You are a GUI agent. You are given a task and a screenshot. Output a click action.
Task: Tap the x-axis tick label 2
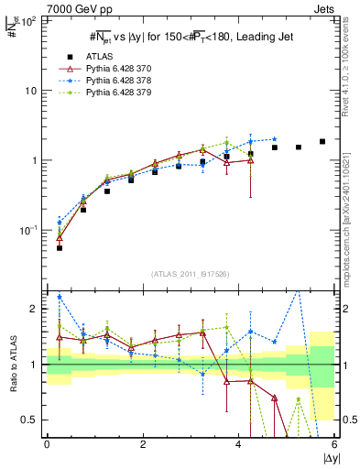pos(143,445)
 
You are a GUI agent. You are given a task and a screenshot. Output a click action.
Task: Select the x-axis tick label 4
pos(239,445)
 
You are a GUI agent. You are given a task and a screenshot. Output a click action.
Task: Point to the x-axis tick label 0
pos(47,445)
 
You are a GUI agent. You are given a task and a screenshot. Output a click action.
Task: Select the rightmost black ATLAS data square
pos(322,141)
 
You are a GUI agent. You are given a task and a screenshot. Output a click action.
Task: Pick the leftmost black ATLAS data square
pos(60,247)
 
